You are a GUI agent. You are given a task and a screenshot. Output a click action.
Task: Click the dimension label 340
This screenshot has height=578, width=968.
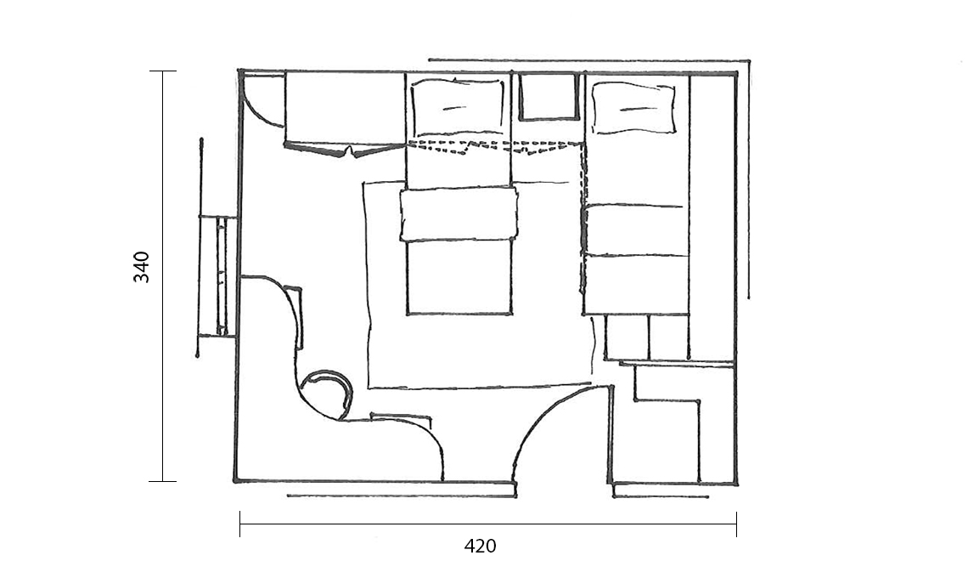pos(141,267)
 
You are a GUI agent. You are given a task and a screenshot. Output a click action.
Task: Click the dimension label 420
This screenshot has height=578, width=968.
pos(480,547)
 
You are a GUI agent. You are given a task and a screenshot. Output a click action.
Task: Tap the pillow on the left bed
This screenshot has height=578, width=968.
pos(458,107)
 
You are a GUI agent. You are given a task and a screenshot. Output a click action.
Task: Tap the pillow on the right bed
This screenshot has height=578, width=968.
pos(633,108)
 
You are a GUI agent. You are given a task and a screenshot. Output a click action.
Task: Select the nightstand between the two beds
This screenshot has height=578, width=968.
pos(549,96)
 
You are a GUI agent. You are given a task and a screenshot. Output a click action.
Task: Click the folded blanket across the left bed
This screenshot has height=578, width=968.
pos(459,214)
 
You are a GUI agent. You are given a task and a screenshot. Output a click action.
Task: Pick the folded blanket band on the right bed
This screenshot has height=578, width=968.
pos(635,230)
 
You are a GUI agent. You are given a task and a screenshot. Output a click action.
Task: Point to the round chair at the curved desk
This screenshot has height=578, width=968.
pos(326,394)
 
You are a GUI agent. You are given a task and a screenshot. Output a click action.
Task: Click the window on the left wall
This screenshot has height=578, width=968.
pos(217,276)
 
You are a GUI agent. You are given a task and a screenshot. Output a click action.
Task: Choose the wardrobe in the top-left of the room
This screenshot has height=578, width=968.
pos(345,111)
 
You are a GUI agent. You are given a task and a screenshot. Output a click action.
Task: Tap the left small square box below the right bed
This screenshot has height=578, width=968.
pos(627,337)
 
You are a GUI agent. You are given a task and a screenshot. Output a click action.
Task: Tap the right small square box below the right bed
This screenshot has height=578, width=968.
pos(668,337)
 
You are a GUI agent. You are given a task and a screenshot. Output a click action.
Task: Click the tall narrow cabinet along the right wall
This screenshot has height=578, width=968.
pos(712,217)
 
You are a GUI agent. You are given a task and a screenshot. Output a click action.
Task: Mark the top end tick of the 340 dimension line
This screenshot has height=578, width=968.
pos(163,71)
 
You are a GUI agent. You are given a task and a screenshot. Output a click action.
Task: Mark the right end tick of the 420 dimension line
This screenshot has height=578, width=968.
pos(736,524)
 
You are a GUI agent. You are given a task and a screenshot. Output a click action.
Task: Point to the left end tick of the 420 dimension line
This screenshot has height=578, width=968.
pos(240,524)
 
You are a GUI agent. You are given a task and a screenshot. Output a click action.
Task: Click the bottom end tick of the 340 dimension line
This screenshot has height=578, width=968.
pos(163,481)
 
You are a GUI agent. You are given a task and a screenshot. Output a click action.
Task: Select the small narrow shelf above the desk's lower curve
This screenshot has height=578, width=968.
pos(401,418)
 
